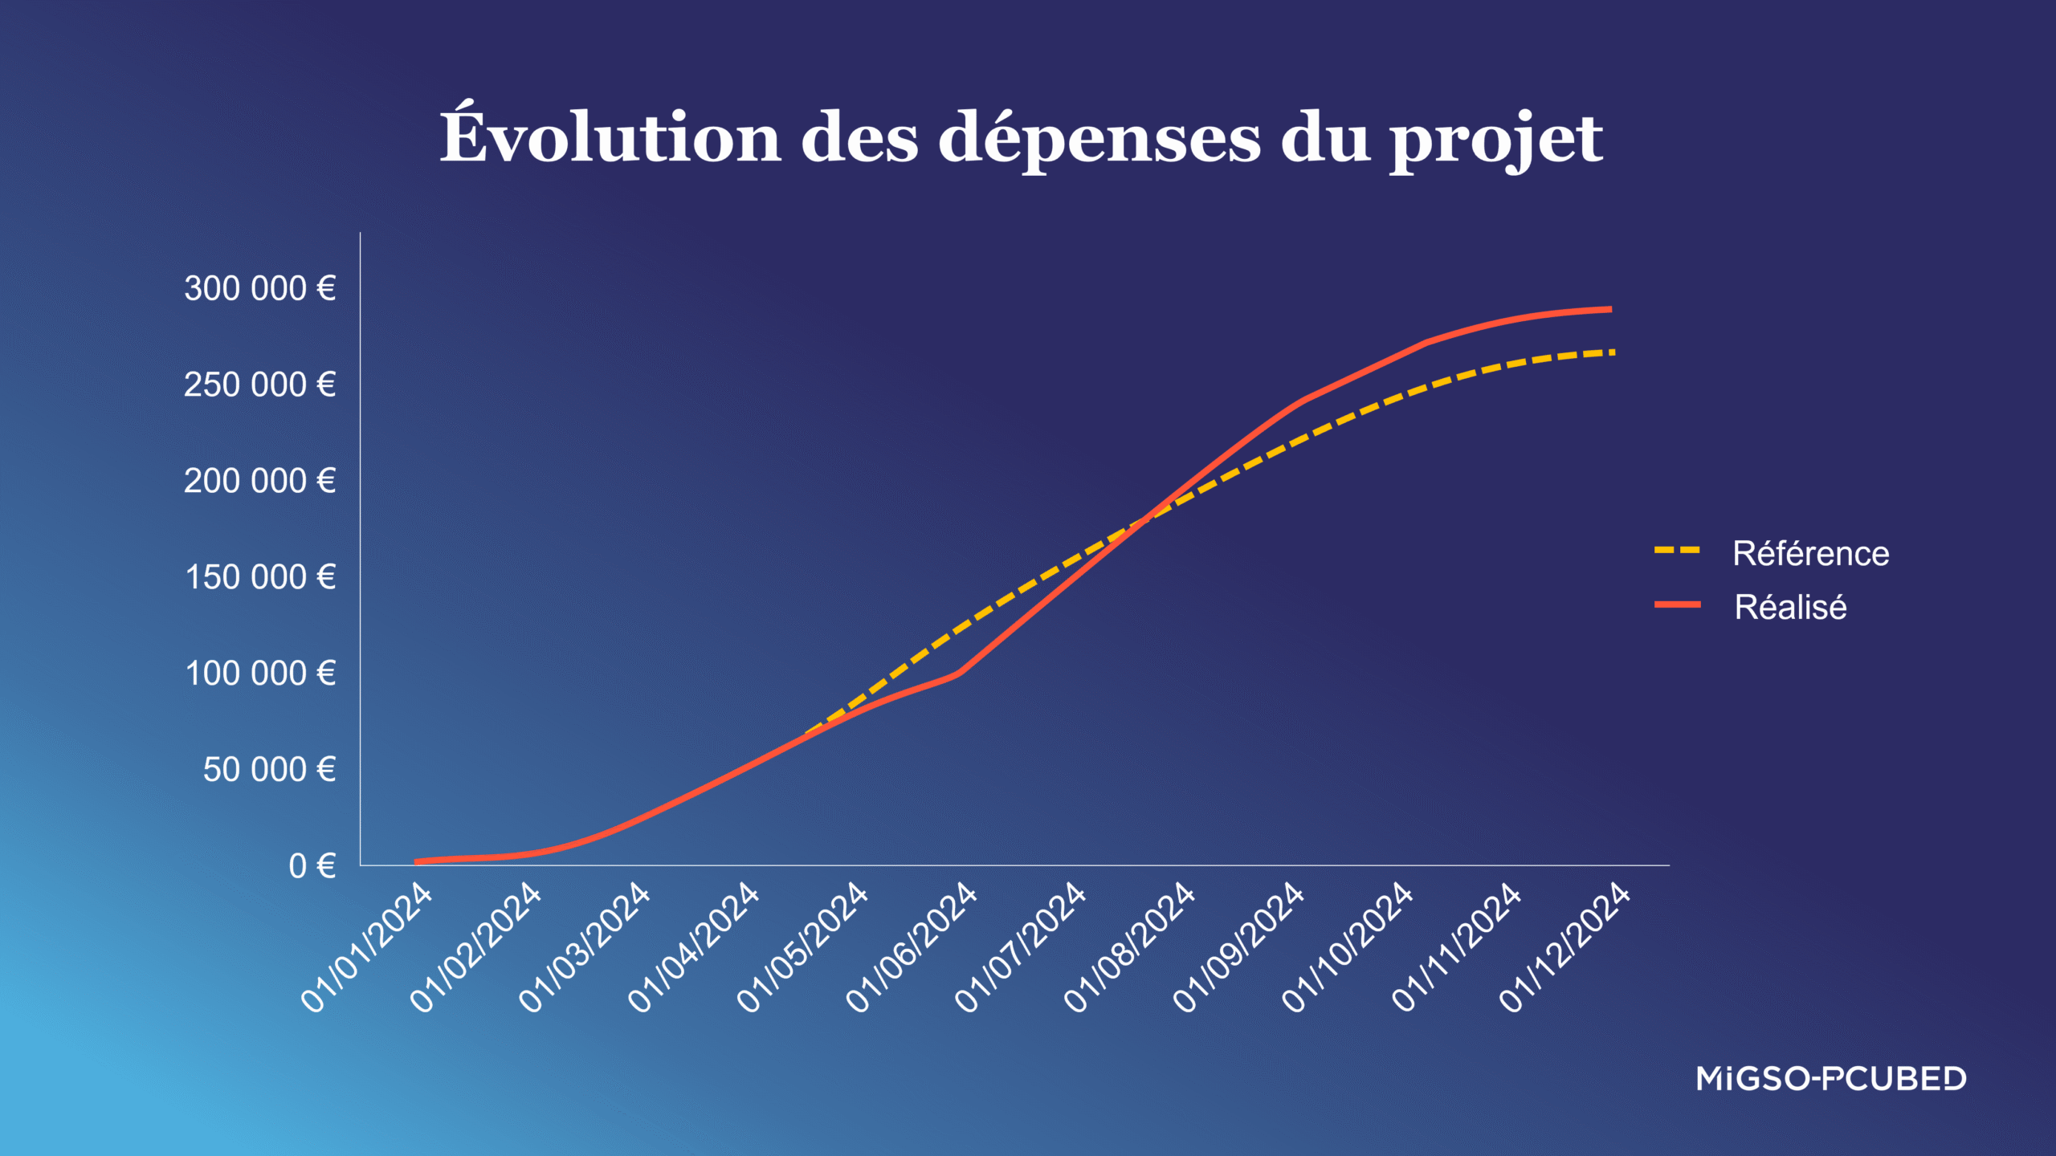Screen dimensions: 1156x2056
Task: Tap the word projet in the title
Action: [1496, 140]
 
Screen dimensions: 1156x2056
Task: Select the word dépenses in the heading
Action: [1099, 140]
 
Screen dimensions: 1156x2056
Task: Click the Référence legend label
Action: [1810, 553]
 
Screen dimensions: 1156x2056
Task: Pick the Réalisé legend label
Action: [1790, 607]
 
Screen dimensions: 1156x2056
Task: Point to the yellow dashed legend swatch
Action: [1677, 551]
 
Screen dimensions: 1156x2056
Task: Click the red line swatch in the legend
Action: [1677, 604]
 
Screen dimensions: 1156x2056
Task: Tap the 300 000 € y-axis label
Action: [259, 288]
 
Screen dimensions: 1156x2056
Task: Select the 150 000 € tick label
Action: [260, 577]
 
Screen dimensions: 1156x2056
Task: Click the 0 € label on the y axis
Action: [312, 866]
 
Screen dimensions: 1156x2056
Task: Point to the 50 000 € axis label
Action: [269, 770]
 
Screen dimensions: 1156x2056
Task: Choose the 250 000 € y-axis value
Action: [259, 385]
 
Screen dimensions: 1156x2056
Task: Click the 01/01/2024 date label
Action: [366, 947]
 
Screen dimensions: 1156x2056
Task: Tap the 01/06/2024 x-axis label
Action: [912, 947]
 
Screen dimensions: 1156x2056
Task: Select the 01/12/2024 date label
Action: [1564, 947]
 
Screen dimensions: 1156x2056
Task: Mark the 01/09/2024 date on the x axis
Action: [1238, 947]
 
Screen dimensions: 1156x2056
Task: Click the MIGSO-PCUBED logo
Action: [1831, 1079]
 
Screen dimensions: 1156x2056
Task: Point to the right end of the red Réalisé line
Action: [1609, 309]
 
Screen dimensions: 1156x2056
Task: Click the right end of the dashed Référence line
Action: [1611, 352]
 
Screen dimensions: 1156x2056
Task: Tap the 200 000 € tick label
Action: [259, 481]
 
